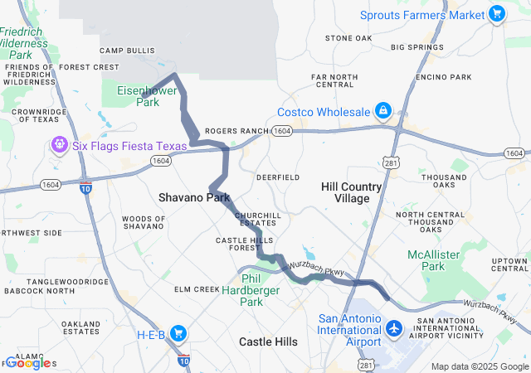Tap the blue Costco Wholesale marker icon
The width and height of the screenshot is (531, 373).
click(x=383, y=111)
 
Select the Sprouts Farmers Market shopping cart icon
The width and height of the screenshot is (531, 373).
click(x=496, y=14)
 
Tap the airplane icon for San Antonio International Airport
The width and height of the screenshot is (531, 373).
click(x=393, y=330)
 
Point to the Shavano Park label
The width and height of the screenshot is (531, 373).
click(x=194, y=198)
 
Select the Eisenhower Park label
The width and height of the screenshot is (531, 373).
click(x=137, y=96)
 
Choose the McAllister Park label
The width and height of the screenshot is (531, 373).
click(x=438, y=259)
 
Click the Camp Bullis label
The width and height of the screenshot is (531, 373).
click(x=128, y=51)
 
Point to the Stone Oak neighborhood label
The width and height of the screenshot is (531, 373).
click(x=348, y=38)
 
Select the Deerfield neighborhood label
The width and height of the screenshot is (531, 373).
click(x=278, y=177)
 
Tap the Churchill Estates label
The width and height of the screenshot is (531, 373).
click(x=257, y=219)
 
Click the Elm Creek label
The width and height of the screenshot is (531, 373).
click(x=195, y=289)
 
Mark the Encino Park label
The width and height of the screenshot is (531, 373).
click(x=444, y=77)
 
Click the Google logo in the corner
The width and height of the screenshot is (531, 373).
click(x=28, y=363)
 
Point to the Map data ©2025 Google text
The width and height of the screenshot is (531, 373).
click(x=479, y=366)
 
